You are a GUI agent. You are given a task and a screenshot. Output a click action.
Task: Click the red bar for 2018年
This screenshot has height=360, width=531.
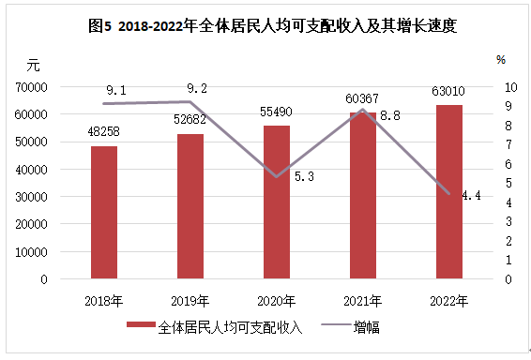tap(104, 213)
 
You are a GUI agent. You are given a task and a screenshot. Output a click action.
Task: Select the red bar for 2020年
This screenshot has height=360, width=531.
tap(277, 202)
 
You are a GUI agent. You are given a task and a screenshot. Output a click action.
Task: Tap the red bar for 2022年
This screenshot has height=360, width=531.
tap(449, 192)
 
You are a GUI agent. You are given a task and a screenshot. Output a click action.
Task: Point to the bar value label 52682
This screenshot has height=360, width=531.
tap(190, 119)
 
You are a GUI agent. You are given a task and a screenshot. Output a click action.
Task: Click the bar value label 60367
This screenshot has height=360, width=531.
tap(362, 98)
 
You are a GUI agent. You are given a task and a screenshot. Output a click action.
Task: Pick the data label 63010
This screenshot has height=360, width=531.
tap(448, 91)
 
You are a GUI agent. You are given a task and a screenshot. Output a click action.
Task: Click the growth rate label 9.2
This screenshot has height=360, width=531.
tap(197, 89)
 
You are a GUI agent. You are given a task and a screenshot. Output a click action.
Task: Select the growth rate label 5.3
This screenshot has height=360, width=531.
tap(304, 176)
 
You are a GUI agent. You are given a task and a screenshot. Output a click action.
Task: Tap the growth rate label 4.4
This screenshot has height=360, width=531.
tap(471, 195)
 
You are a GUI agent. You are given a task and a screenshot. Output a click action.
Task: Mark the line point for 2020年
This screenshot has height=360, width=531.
tap(277, 176)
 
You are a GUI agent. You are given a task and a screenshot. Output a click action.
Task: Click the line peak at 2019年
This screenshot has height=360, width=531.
tap(190, 101)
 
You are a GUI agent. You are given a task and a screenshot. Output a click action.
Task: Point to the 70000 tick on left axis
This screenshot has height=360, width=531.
tap(31, 87)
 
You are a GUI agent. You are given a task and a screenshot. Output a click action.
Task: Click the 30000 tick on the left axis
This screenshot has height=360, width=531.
tap(31, 197)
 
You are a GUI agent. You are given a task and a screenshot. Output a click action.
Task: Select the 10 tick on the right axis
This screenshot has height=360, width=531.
tap(511, 87)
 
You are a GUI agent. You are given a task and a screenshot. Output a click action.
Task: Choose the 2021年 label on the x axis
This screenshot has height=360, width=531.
tap(363, 301)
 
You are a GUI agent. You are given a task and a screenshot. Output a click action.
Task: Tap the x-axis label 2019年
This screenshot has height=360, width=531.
tap(190, 301)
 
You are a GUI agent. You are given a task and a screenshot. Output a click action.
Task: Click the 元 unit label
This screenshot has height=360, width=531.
tap(33, 65)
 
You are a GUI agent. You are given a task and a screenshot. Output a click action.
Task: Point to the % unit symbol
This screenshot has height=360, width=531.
tap(501, 60)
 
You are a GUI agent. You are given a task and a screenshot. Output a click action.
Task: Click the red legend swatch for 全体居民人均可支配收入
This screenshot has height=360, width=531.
tap(141, 324)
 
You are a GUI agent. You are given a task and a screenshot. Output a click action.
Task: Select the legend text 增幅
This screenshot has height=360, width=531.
tap(367, 327)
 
